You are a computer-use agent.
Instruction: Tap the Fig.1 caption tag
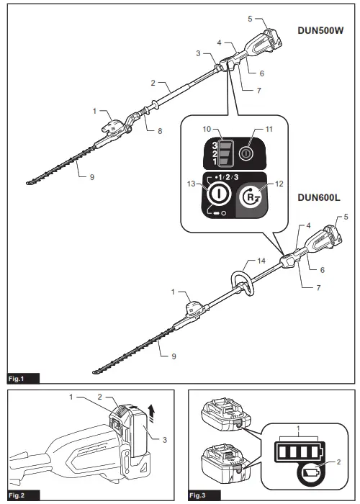tap(17, 377)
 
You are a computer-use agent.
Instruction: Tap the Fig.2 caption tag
tap(17, 496)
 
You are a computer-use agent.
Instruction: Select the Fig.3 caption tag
tap(199, 496)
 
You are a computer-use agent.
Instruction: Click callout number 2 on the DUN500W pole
tap(153, 84)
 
